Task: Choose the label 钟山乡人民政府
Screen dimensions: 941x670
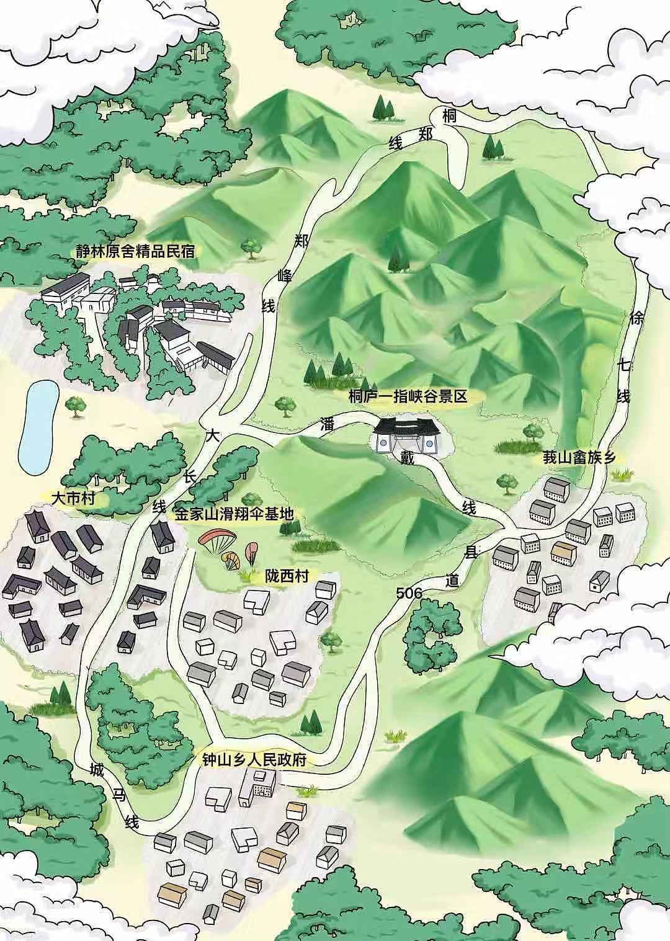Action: [254, 760]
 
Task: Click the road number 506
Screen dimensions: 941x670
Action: [409, 594]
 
